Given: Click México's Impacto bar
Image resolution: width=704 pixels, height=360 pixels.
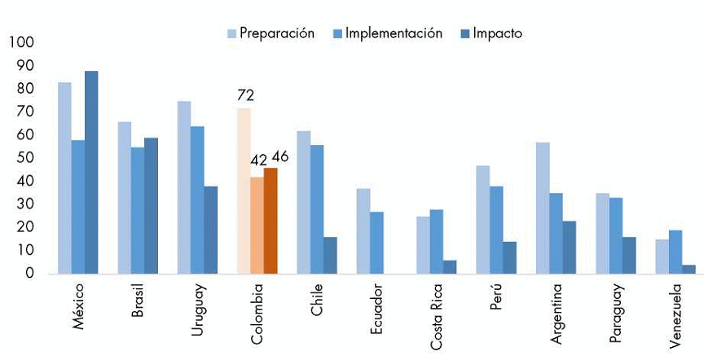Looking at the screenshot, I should [91, 173].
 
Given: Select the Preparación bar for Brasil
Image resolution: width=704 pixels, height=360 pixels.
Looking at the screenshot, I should [125, 198].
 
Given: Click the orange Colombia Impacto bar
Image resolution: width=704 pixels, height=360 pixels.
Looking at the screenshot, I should [271, 221].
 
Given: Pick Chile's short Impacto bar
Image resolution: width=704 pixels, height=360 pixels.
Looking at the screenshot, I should [330, 256].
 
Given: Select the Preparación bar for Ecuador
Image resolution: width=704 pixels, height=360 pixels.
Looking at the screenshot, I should [363, 231].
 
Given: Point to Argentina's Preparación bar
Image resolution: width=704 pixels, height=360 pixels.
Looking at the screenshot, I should [543, 209].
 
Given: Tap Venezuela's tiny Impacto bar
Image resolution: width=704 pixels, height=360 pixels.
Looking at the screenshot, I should [689, 270].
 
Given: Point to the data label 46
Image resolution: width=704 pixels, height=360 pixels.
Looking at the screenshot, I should [279, 156].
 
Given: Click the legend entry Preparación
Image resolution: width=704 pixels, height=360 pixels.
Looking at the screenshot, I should [270, 33].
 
